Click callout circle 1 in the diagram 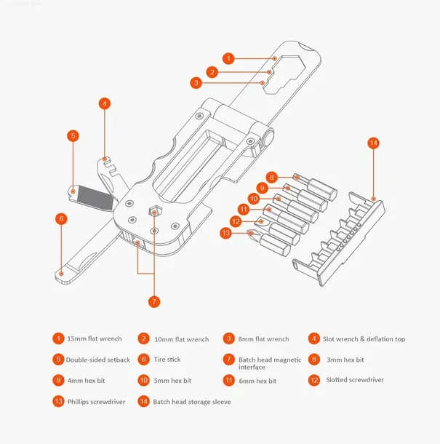coord(229,58)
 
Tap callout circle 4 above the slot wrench coord(105,104)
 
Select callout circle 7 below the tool coord(153,301)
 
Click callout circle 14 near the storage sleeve coord(374,143)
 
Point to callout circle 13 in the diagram coord(226,233)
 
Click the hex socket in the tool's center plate coord(154,212)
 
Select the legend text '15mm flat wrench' coord(94,338)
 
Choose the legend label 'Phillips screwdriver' coord(97,402)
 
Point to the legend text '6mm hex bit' coord(257,381)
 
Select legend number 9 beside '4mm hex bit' coord(57,380)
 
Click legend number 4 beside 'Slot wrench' coord(314,338)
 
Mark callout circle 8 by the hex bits coord(271,177)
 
